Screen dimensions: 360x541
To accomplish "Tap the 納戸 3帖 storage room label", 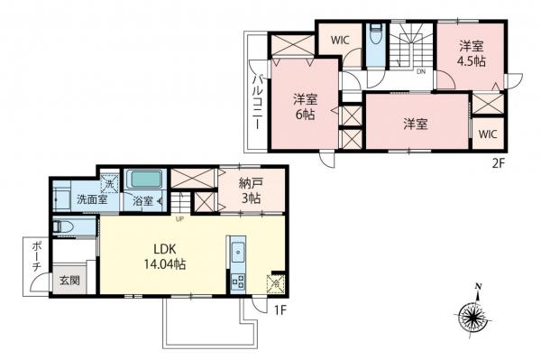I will point(252,191).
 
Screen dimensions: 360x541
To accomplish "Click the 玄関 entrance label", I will point(70,281).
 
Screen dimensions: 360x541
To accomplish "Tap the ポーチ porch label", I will point(35,257).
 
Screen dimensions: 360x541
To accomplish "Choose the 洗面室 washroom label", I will point(91,199).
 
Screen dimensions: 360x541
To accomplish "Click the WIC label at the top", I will point(340,40).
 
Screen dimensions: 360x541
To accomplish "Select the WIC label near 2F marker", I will point(487,134).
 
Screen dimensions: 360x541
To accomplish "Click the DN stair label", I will point(420,71).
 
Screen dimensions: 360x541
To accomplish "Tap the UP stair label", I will point(180,217).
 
